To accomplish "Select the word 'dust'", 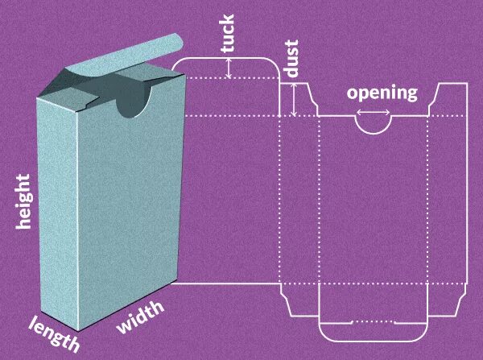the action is [x=292, y=58].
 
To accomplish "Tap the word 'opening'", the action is [x=382, y=93].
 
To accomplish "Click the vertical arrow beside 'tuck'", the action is [x=229, y=67].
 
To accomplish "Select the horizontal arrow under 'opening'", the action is [x=374, y=112].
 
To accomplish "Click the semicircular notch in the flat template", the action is [x=374, y=124].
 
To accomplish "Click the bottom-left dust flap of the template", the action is [x=299, y=298].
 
